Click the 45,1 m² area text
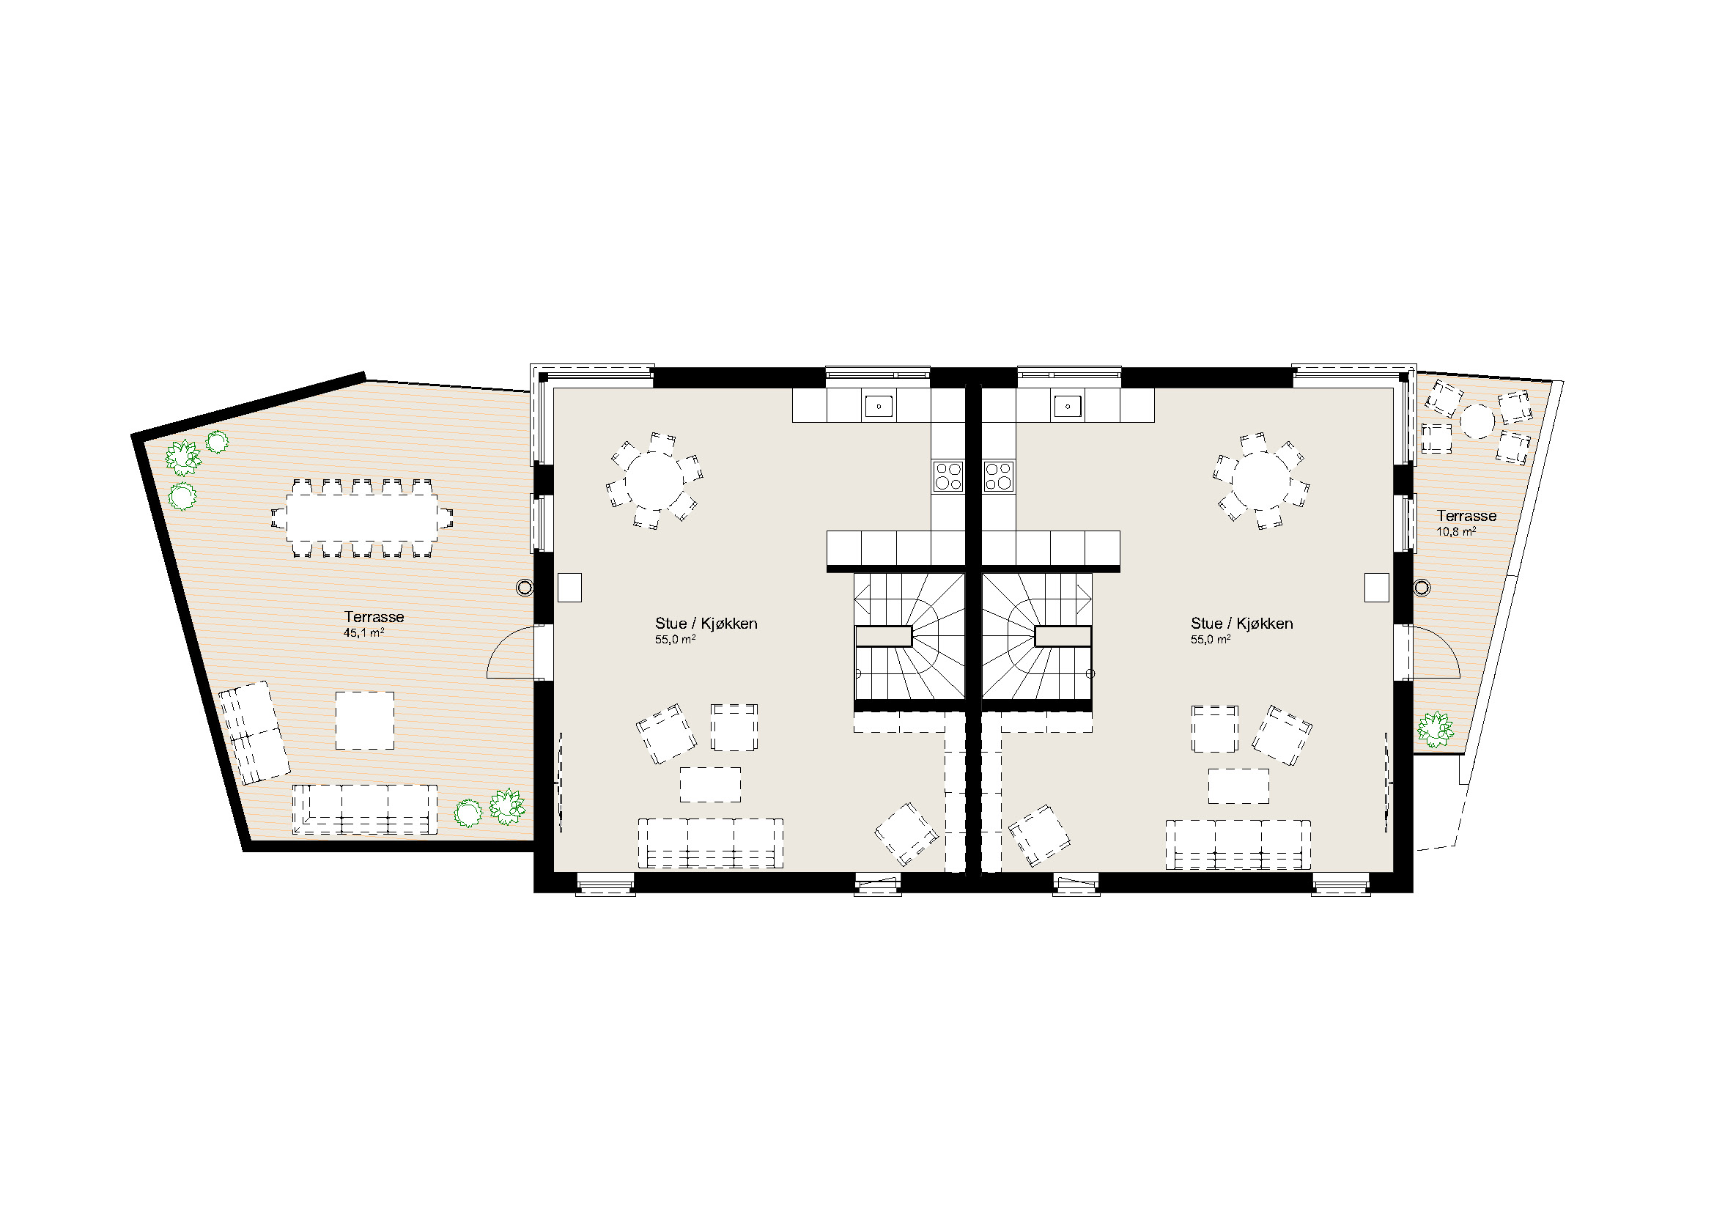(x=363, y=633)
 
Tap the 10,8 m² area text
(x=1456, y=532)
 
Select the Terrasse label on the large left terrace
(x=374, y=617)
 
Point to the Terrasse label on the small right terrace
(x=1467, y=516)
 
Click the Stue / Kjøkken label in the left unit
(x=706, y=624)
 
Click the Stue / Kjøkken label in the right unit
(x=1242, y=624)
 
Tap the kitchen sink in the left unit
(x=879, y=407)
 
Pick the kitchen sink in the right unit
(x=1069, y=407)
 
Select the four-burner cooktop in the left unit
(x=948, y=476)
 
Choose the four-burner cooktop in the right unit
(x=999, y=476)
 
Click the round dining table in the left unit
(x=654, y=481)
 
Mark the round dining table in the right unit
(x=1262, y=481)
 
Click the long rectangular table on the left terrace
(x=362, y=518)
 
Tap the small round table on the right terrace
(x=1477, y=421)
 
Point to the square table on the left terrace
(x=364, y=720)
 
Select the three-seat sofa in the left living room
(x=711, y=843)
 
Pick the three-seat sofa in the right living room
(x=1238, y=845)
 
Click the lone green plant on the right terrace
(x=1435, y=729)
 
